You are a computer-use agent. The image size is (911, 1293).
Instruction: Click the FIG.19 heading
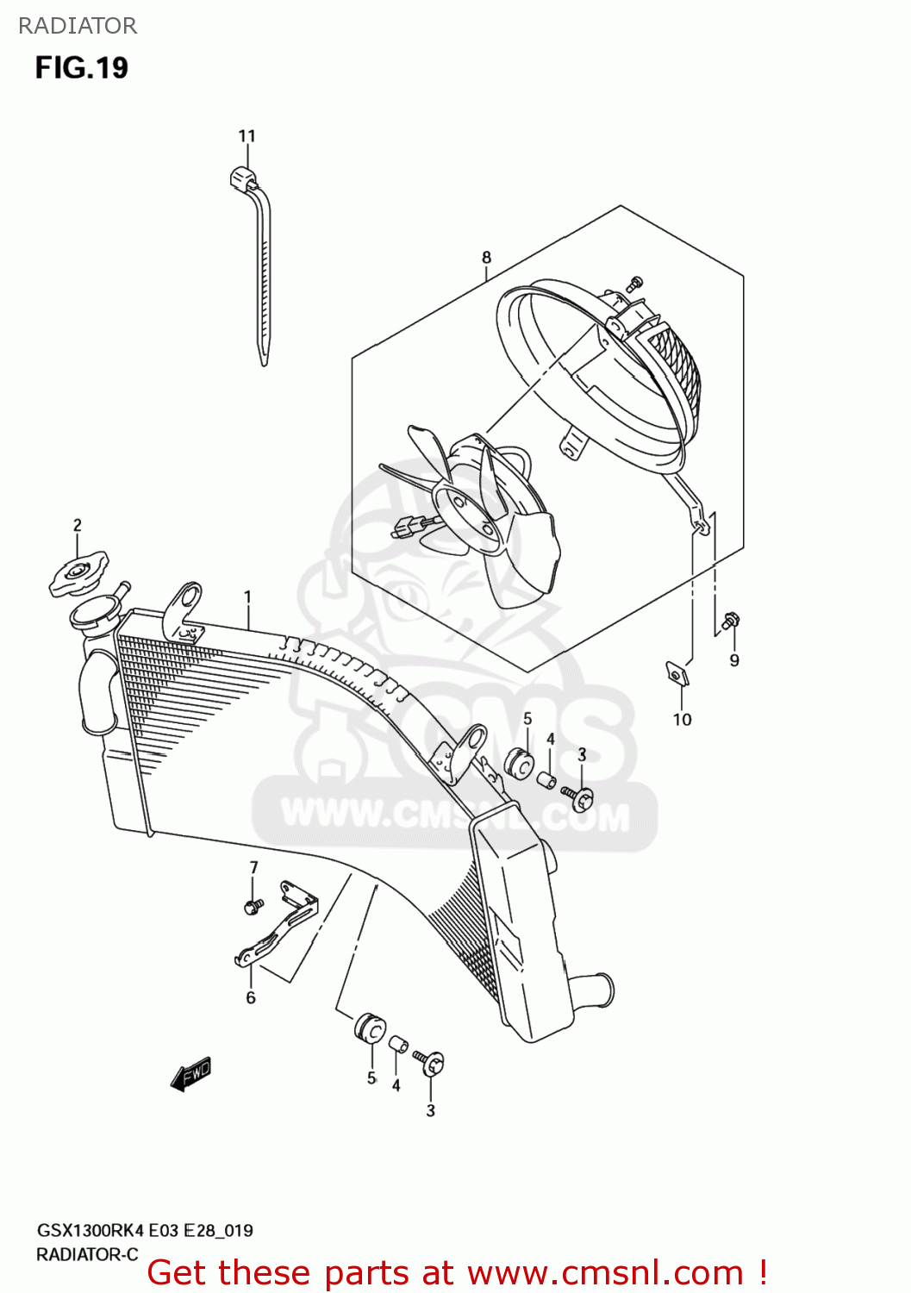point(81,68)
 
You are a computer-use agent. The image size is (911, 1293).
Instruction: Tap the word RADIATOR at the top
point(78,26)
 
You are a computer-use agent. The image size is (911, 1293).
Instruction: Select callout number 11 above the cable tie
point(247,136)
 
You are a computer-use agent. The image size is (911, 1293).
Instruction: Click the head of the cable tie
point(244,177)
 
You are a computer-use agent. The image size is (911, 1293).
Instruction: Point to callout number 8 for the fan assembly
point(486,258)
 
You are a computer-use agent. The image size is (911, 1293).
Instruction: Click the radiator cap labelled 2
point(78,572)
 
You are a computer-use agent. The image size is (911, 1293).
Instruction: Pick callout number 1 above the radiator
point(247,597)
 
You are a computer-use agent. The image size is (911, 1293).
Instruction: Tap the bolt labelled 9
point(731,621)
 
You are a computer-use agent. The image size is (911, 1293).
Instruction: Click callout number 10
point(682,720)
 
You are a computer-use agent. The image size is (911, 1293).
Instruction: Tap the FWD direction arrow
point(191,1074)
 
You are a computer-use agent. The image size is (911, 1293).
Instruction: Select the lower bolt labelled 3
point(429,1063)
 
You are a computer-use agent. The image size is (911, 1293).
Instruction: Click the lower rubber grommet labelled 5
point(370,1028)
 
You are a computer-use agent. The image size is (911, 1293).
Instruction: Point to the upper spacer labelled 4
point(546,780)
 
